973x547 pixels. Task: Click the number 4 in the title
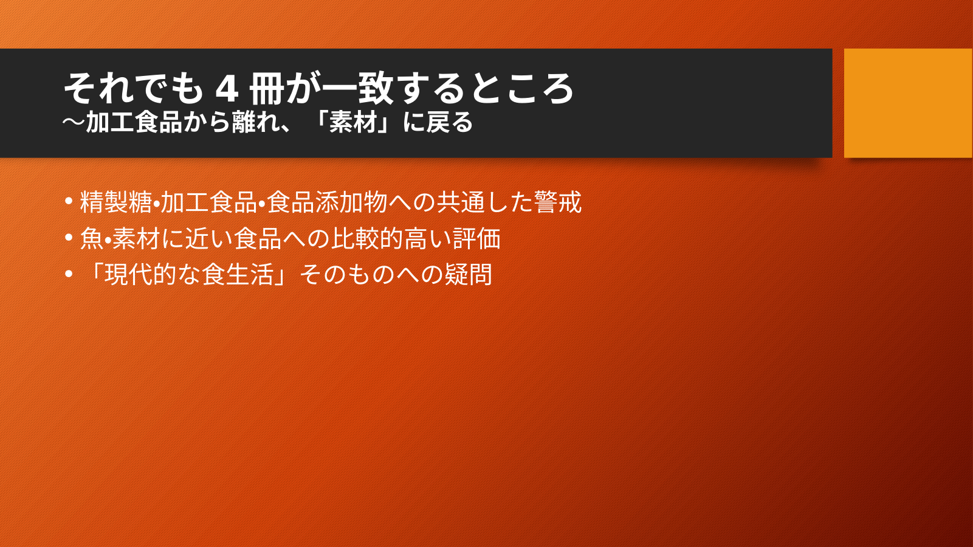pyautogui.click(x=227, y=89)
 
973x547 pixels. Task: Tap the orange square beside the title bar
pyautogui.click(x=908, y=103)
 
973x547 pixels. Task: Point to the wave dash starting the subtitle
pyautogui.click(x=74, y=123)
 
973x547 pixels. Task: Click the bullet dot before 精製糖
pyautogui.click(x=68, y=201)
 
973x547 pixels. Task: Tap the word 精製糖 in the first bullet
pyautogui.click(x=116, y=202)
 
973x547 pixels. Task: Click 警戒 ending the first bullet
pyautogui.click(x=558, y=202)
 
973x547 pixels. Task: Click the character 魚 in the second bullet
pyautogui.click(x=92, y=238)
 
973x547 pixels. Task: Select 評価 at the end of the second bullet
pyautogui.click(x=476, y=238)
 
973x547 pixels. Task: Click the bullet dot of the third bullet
pyautogui.click(x=68, y=274)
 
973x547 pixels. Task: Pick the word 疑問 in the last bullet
pyautogui.click(x=468, y=275)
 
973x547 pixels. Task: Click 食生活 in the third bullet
pyautogui.click(x=237, y=275)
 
